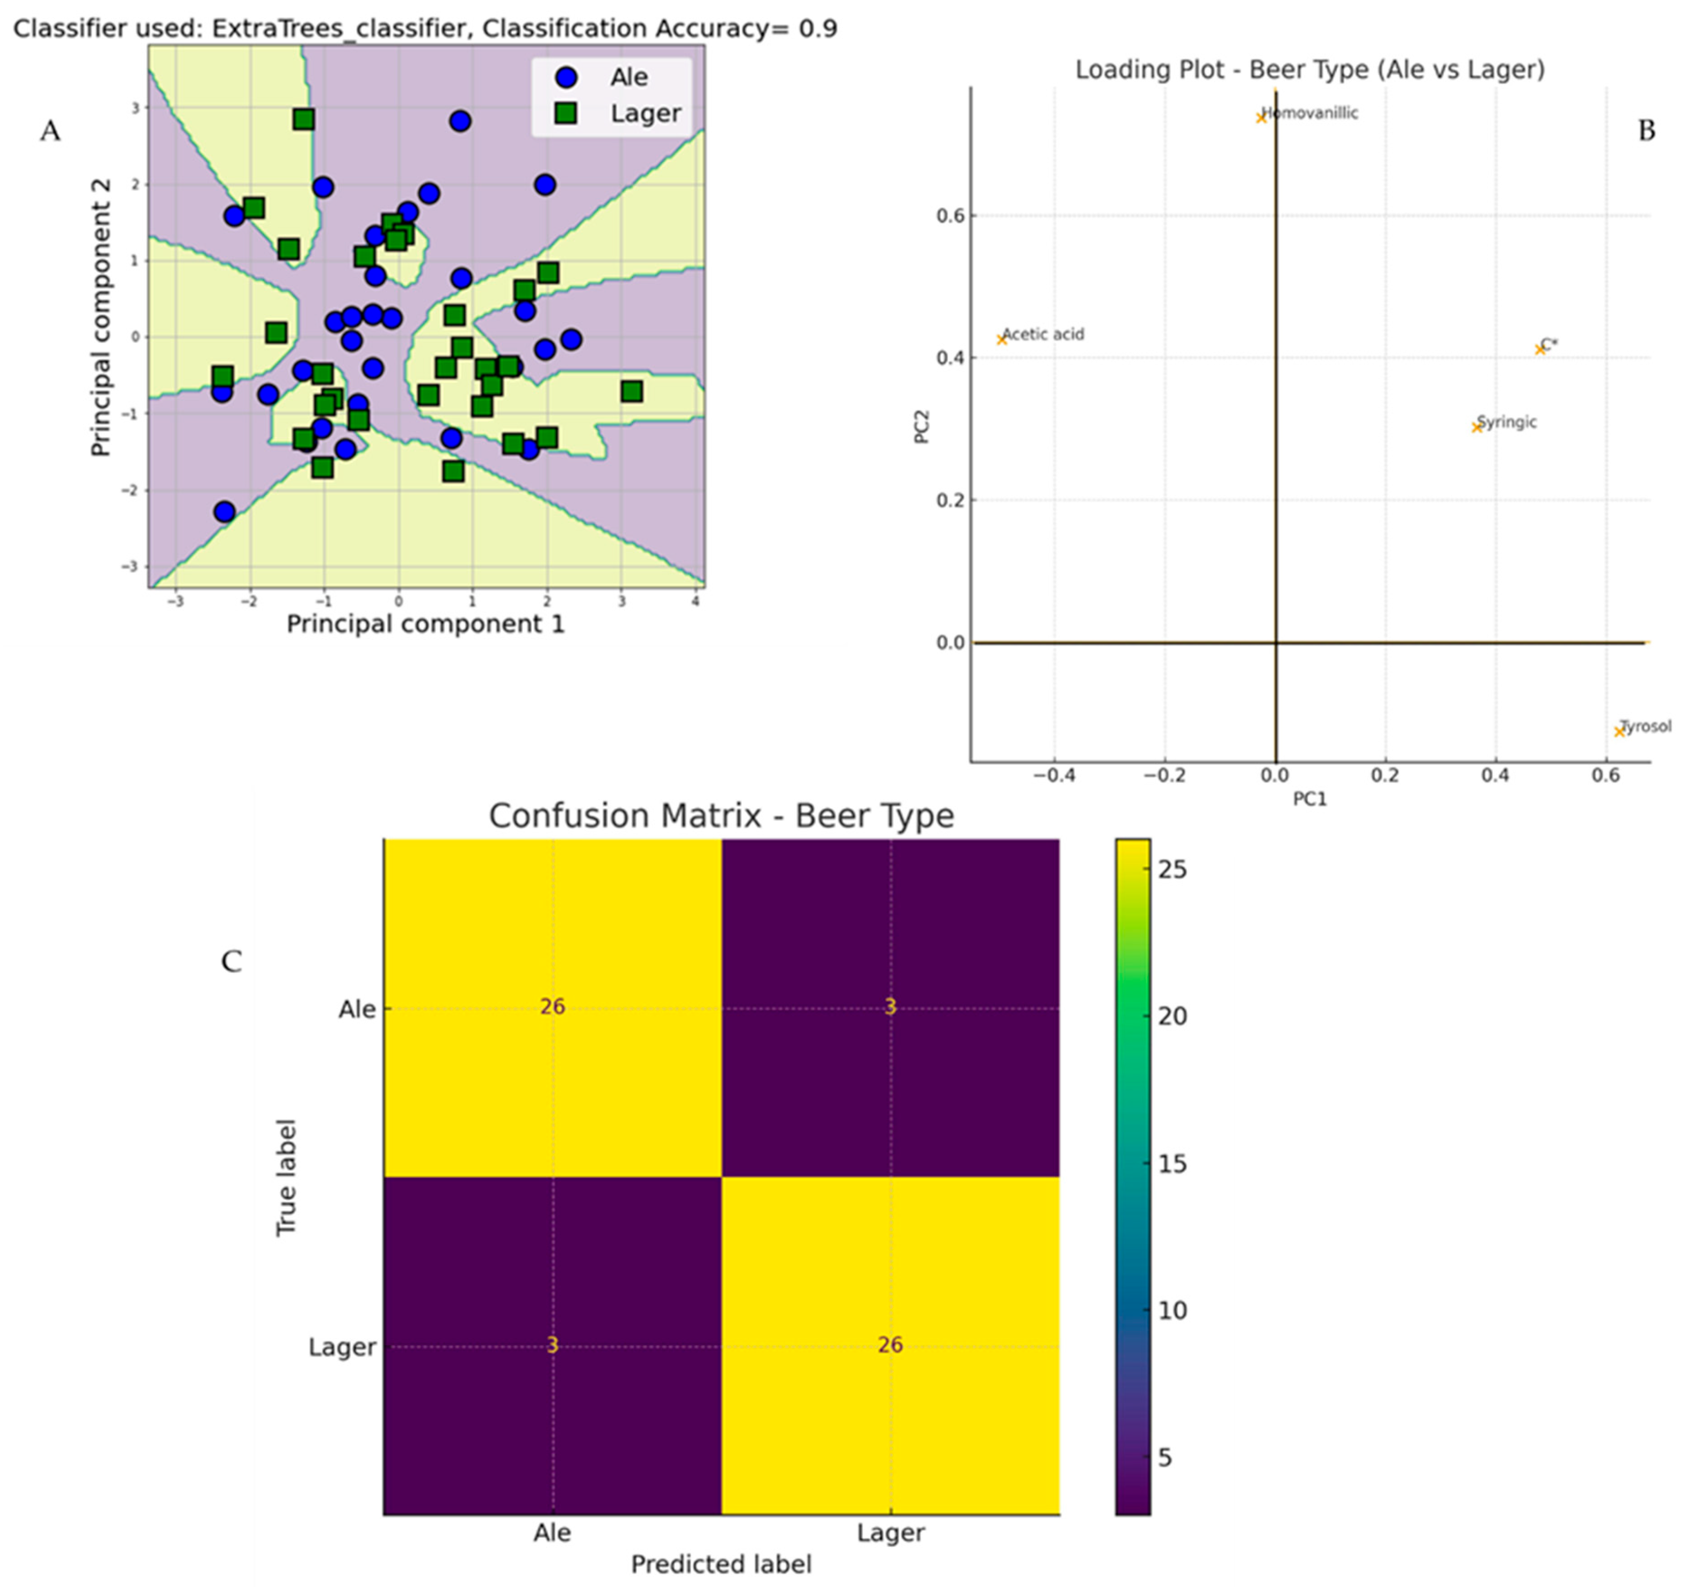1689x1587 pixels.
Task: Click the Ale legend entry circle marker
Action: coord(566,77)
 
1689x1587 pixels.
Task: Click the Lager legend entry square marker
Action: coord(566,113)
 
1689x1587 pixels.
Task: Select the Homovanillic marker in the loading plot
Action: coord(1262,117)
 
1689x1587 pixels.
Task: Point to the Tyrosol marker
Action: coord(1619,731)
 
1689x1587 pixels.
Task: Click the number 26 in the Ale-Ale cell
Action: coord(552,1007)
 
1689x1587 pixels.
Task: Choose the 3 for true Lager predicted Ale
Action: coord(552,1345)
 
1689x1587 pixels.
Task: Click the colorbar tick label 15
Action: coord(1173,1164)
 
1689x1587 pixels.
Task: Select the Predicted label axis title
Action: coord(721,1564)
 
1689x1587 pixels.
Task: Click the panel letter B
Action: coord(1647,131)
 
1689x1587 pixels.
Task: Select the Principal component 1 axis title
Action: coord(425,625)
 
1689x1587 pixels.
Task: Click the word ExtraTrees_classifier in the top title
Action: coord(338,29)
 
